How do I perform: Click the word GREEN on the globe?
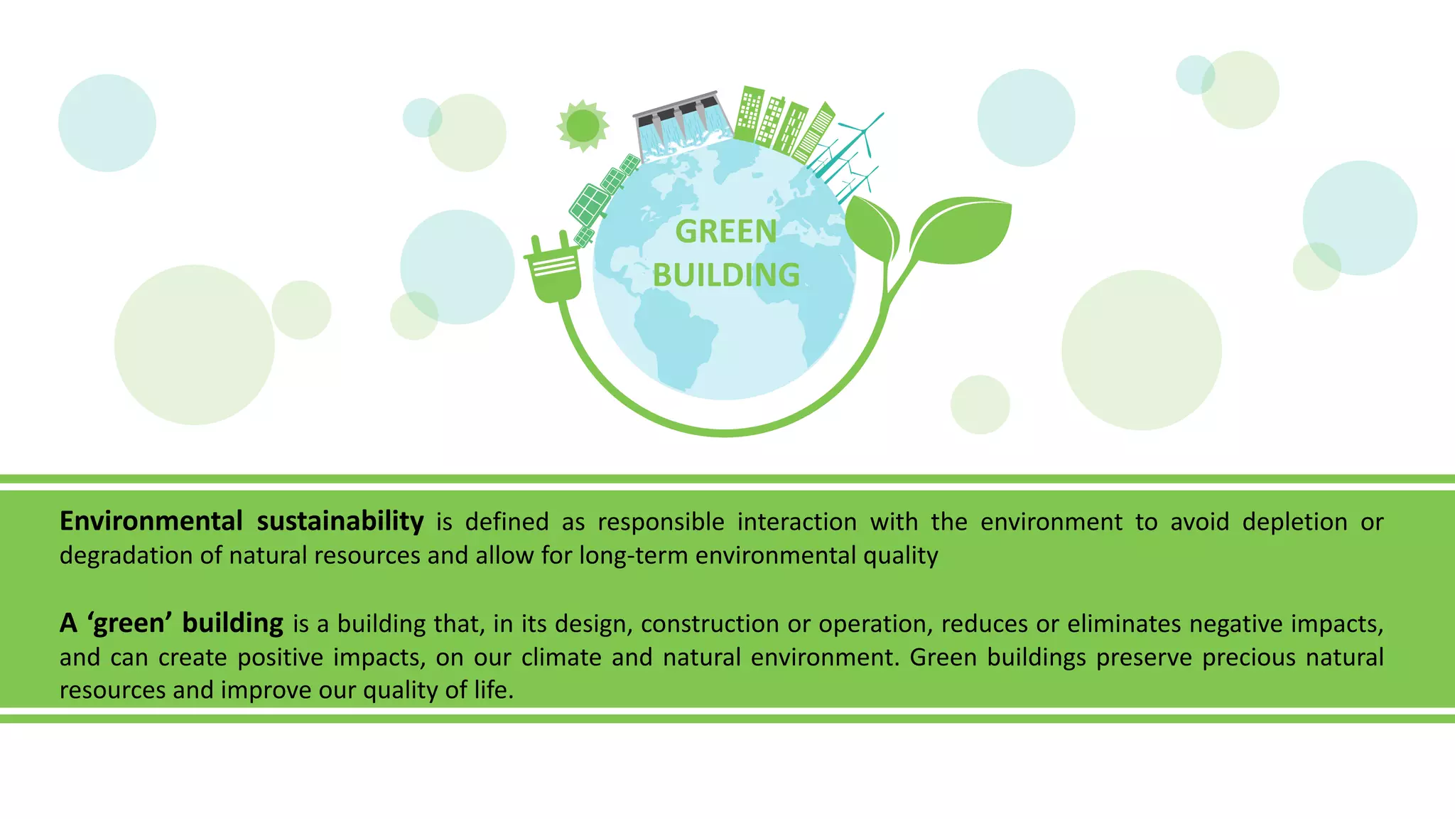725,232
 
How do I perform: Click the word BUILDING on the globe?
726,276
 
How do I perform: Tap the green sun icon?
583,126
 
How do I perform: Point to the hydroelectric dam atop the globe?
682,124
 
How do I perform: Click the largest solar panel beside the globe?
588,204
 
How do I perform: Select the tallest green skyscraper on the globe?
748,114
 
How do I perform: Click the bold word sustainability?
340,521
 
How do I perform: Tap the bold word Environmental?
151,521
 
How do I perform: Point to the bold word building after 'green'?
232,623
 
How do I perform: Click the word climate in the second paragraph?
561,657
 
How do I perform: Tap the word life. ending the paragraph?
492,690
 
